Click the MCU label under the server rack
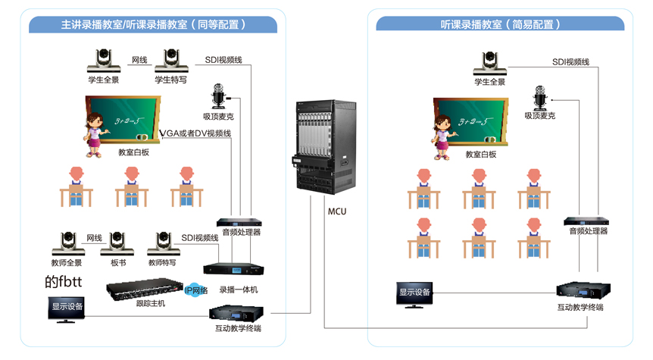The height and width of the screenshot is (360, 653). [338, 211]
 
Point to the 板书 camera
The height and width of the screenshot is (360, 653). [117, 245]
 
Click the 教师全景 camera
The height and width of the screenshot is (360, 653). [65, 245]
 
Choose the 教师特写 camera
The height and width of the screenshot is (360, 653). [163, 245]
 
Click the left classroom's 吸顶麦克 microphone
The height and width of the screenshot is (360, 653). [221, 98]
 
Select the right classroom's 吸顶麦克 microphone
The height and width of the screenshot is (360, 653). [540, 97]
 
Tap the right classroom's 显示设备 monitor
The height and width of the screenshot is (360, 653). [414, 294]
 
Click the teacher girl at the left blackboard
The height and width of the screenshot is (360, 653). [95, 133]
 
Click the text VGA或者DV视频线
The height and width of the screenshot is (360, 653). [195, 133]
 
